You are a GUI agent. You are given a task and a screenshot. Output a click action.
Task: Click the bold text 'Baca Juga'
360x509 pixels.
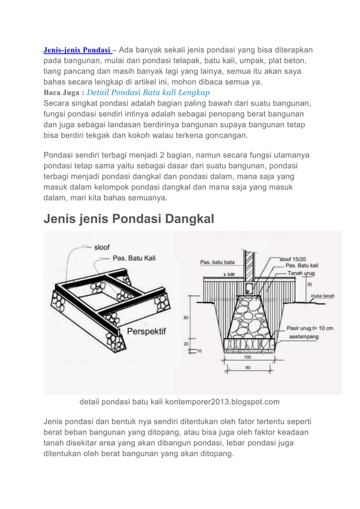(x=63, y=93)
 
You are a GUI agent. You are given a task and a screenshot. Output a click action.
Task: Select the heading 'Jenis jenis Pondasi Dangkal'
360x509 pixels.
(x=129, y=217)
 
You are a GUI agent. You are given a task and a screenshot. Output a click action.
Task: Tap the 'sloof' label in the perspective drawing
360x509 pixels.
(x=102, y=247)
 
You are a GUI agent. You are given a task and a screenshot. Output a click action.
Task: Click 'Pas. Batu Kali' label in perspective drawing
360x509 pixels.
(x=135, y=258)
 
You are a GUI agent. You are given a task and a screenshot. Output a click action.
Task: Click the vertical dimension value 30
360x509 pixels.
(x=309, y=284)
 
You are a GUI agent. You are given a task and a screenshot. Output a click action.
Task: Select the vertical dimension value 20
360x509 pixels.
(x=187, y=344)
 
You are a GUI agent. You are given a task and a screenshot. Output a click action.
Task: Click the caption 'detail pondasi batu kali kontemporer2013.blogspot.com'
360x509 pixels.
(x=179, y=402)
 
